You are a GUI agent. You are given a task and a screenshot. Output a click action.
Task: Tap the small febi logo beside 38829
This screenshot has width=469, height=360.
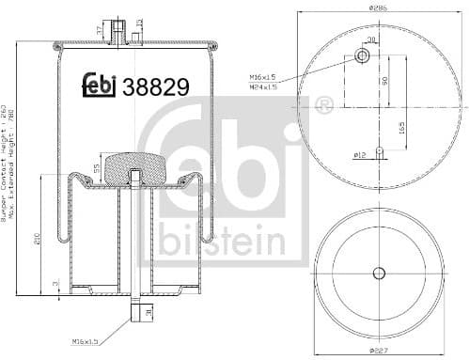(x=96, y=86)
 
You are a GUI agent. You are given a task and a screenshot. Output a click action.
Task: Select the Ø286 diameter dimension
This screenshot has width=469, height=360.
(x=379, y=8)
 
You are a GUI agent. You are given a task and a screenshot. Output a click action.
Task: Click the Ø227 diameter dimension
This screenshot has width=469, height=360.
(x=378, y=351)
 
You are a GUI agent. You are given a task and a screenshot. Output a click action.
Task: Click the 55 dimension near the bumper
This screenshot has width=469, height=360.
(x=94, y=168)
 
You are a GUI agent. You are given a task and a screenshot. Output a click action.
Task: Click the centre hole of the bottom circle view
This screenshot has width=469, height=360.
(x=379, y=274)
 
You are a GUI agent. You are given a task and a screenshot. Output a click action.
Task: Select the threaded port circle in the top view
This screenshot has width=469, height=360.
(x=363, y=57)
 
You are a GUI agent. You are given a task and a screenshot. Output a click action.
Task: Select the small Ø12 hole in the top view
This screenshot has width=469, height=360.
(x=378, y=150)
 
